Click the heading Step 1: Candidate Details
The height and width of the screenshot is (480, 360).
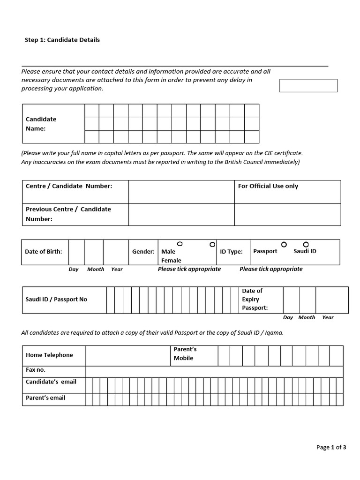point(62,40)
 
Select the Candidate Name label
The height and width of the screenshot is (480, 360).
point(41,124)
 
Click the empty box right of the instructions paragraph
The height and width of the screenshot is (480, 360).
point(308,86)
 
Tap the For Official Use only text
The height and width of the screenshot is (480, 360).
point(268,186)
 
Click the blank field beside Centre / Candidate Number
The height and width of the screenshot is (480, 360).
point(181,191)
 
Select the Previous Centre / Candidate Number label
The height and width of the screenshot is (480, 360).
point(68,214)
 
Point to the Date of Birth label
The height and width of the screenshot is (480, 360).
point(43,252)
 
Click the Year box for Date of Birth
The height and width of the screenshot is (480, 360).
point(116,252)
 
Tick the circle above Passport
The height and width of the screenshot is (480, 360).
point(284,244)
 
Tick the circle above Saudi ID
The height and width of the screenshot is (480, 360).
point(306,244)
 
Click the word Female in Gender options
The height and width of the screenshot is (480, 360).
point(171,260)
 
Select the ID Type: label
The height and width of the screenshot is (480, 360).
point(231,252)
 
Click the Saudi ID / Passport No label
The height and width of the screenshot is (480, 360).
point(56,300)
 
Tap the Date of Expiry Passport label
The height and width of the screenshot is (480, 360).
point(255,300)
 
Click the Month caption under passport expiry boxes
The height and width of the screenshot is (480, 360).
point(307,317)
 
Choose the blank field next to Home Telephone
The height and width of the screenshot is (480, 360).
point(127,356)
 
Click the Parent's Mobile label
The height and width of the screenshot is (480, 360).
point(185,354)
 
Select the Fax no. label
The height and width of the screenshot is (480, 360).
point(36,370)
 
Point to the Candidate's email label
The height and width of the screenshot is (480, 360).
point(51,382)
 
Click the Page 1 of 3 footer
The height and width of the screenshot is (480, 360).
point(331,447)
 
